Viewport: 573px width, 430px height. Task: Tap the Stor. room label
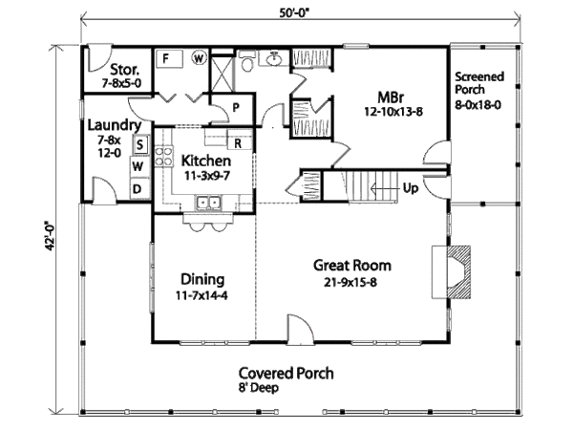point(125,70)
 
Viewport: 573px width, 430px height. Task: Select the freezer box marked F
point(165,57)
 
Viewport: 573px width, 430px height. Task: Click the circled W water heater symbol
point(200,57)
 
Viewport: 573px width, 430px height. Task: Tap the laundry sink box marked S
point(138,145)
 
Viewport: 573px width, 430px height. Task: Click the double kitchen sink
point(208,203)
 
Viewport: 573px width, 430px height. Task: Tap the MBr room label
point(389,96)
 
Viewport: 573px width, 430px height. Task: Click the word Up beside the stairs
point(410,187)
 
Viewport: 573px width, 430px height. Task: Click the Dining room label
point(202,279)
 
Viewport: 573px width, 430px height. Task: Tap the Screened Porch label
point(478,86)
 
